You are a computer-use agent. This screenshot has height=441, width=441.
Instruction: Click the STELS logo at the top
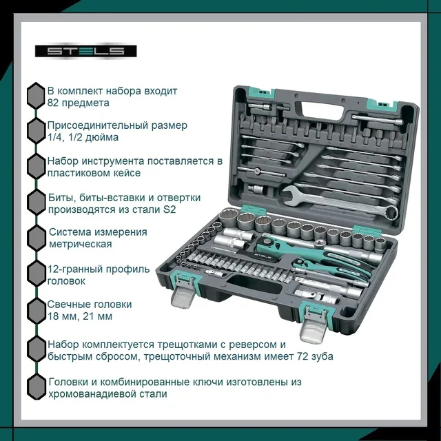coord(85,51)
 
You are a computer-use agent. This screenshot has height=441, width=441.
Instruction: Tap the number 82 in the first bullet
coord(53,103)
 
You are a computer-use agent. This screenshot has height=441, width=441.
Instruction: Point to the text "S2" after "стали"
coord(170,209)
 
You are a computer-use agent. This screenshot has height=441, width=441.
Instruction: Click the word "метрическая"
coord(81,244)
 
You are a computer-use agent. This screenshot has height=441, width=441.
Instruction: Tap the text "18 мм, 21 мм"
coord(80,316)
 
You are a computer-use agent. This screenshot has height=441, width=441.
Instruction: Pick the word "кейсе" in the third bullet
coord(127,173)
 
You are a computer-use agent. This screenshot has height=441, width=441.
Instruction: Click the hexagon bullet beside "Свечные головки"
coord(37,311)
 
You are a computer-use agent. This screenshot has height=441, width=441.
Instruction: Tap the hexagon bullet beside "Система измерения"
coord(37,238)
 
